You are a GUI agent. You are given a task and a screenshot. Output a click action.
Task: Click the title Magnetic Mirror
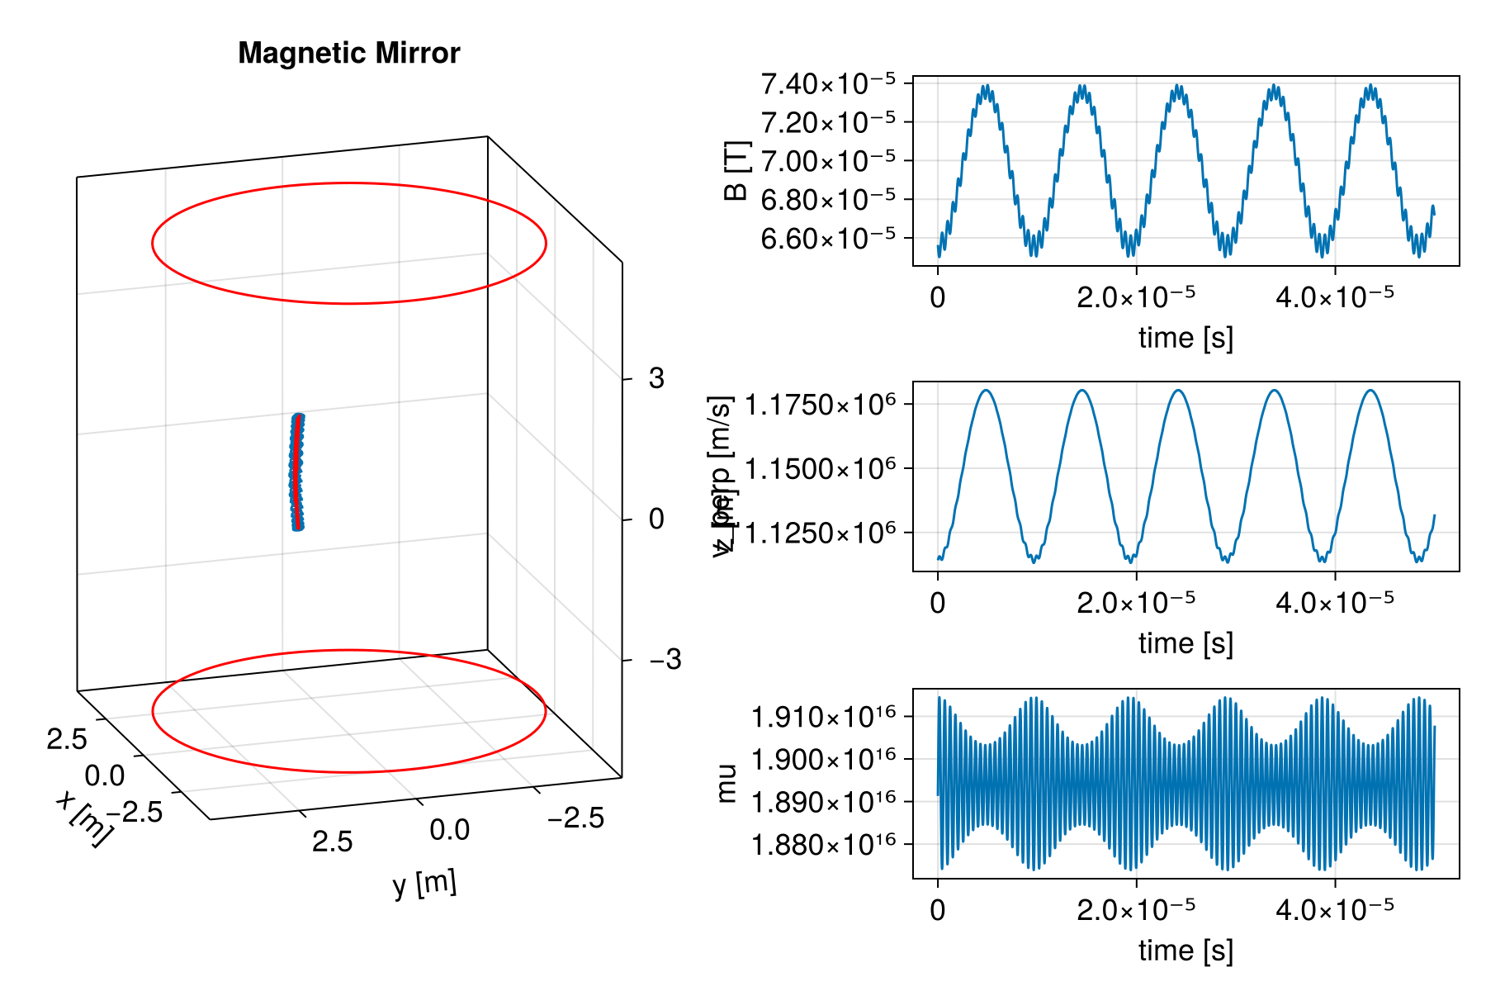[x=348, y=53]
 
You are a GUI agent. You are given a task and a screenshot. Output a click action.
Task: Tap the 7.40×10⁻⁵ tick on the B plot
[x=827, y=83]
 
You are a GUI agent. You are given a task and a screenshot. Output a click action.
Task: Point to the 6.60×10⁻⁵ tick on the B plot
[x=827, y=239]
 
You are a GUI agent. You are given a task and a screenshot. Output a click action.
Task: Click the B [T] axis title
[x=736, y=171]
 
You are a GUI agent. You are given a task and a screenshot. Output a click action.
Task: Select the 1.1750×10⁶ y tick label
[x=820, y=405]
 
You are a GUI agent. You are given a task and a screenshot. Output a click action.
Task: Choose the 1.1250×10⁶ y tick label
[x=820, y=533]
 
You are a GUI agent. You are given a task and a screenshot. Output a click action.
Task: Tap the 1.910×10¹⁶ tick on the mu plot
[x=822, y=716]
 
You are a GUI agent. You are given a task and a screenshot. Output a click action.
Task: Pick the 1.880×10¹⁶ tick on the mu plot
[x=822, y=845]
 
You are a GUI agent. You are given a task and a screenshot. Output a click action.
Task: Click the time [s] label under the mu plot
[x=1185, y=950]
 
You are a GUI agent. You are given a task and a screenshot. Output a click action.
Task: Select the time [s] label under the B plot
[x=1185, y=337]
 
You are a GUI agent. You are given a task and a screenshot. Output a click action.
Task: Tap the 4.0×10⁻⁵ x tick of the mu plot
[x=1334, y=908]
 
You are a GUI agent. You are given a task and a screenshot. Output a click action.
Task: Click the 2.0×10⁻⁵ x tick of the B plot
[x=1135, y=296]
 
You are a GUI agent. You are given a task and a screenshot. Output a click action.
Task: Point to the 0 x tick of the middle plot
[x=937, y=603]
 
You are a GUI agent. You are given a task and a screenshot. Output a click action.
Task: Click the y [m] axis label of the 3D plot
[x=424, y=884]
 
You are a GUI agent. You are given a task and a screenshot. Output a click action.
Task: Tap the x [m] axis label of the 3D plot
[x=83, y=818]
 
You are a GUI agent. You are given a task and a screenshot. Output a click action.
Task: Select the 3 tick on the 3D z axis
[x=656, y=378]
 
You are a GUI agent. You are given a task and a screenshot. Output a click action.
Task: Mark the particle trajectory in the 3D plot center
[x=297, y=471]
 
